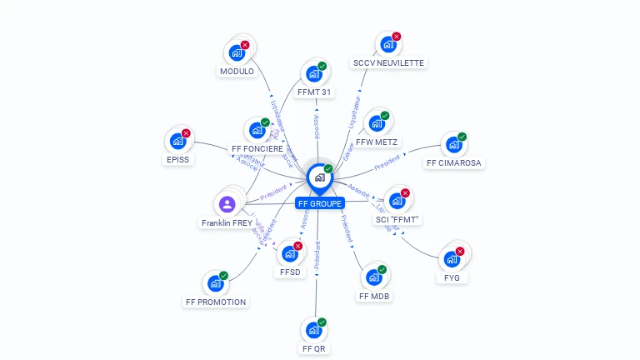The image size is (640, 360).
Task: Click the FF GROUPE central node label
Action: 320,203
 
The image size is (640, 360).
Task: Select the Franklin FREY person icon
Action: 227,204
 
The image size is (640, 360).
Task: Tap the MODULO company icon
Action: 237,53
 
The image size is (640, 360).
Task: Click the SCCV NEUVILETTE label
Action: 388,62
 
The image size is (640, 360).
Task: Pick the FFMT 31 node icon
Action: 314,73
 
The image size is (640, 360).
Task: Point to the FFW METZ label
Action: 377,142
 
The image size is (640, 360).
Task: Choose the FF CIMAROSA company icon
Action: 453,145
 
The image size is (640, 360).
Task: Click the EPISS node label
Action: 178,159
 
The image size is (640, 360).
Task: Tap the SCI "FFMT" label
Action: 397,219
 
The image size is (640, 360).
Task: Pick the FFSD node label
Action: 290,272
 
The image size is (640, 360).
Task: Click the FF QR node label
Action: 314,348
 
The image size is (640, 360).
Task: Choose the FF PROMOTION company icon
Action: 216,283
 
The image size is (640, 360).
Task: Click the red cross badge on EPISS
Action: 186,133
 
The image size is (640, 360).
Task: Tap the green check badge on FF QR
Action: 322,322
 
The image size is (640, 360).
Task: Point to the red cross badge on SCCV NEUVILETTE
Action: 397,37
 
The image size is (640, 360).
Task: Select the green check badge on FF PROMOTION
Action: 223,276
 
